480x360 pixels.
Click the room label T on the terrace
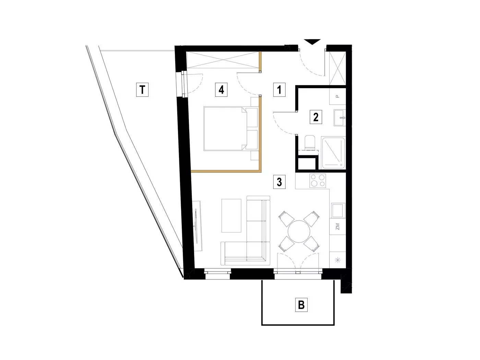click(142, 89)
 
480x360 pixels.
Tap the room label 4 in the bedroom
click(221, 89)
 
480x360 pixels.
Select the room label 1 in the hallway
click(279, 89)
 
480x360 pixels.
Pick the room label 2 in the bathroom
click(316, 117)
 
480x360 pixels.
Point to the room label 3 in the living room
click(279, 182)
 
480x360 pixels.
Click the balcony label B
click(301, 304)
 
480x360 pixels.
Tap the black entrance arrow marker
click(312, 42)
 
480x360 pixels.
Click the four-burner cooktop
click(318, 181)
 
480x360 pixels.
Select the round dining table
click(299, 231)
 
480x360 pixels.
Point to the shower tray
click(333, 153)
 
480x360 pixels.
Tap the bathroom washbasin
click(339, 118)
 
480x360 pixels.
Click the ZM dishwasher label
click(337, 226)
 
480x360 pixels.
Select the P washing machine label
click(338, 96)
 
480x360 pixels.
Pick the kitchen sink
click(337, 210)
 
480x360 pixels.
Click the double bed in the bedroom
click(231, 129)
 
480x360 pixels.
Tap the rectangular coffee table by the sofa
click(231, 216)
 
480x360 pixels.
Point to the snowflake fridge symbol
click(338, 260)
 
